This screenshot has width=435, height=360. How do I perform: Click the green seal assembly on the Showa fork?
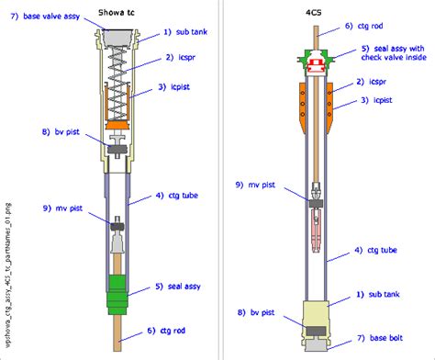point(118,290)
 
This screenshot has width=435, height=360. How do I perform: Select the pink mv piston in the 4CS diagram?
point(316,230)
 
